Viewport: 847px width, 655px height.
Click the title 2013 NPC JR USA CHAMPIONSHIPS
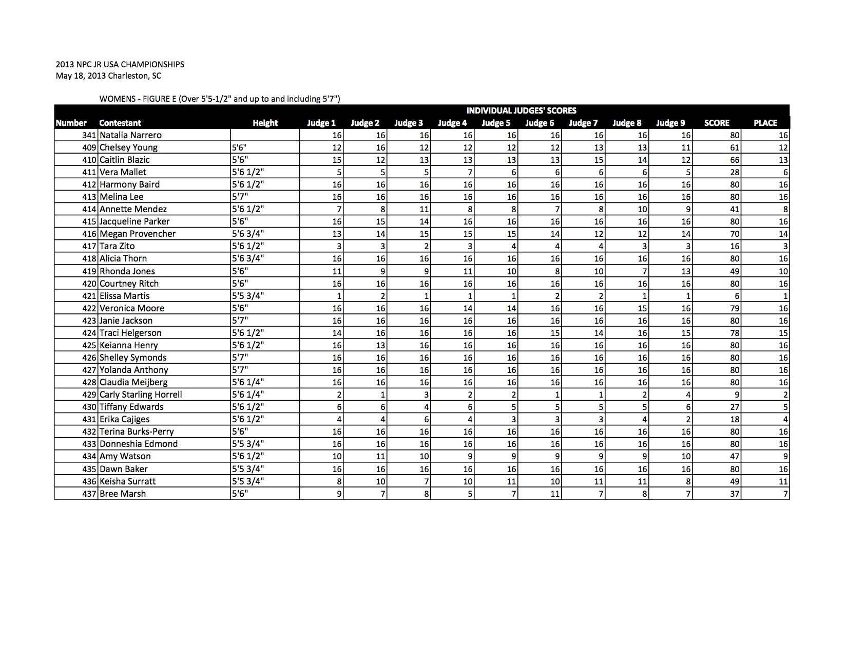tap(120, 65)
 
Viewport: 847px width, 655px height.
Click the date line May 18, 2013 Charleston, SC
tap(108, 76)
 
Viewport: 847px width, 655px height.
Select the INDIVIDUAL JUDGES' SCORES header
tap(521, 110)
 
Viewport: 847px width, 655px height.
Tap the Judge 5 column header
tap(496, 123)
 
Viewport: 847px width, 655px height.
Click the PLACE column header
tap(765, 123)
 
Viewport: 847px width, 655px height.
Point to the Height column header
tap(265, 123)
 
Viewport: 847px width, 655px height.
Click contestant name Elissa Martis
tap(125, 296)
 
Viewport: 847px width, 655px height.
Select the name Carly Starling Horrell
tap(141, 395)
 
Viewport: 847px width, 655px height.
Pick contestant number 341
tap(90, 135)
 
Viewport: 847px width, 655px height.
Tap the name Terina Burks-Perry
tap(137, 432)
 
